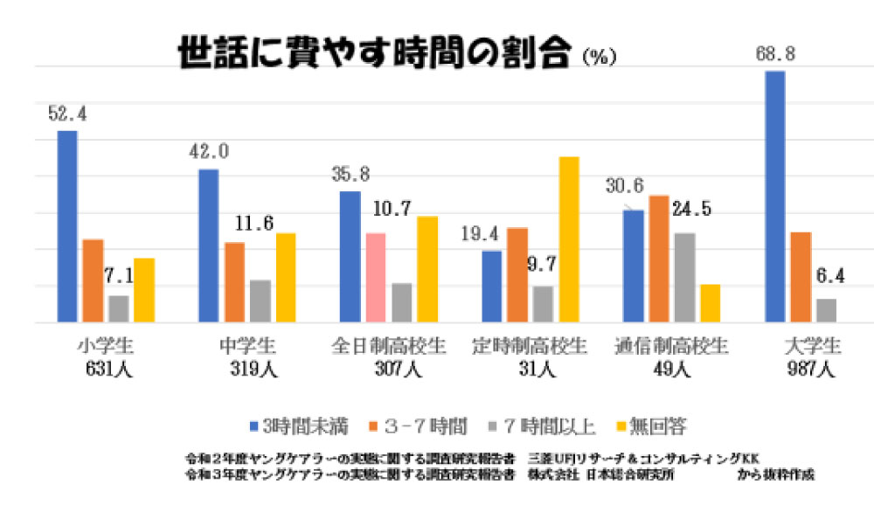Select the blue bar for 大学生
[x=774, y=197]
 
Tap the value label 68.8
[x=776, y=54]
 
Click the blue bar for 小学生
[x=67, y=226]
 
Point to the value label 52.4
[x=67, y=114]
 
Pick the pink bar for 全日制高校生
[x=375, y=278]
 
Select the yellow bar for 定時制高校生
[x=569, y=239]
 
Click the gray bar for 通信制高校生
[x=684, y=278]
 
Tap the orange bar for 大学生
[x=801, y=277]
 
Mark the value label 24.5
[x=692, y=210]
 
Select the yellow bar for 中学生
[x=285, y=278]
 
